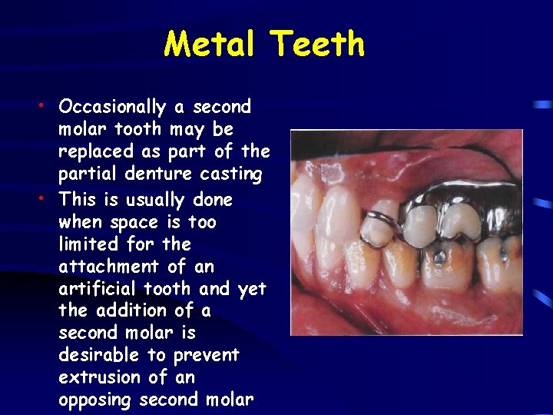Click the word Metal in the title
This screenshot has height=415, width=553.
tap(209, 44)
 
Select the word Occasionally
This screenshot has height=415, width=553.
tap(112, 107)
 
